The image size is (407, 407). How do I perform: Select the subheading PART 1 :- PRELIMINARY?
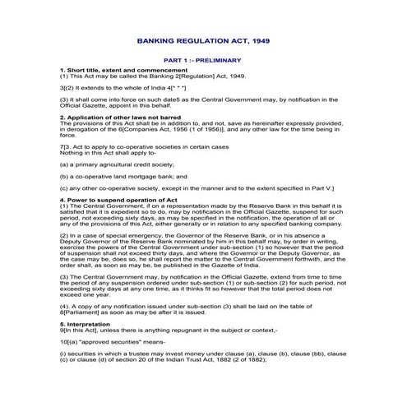[x=202, y=60]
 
